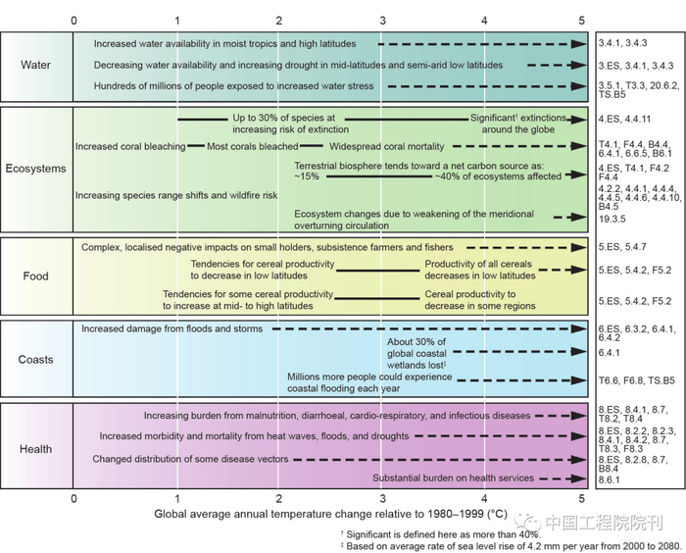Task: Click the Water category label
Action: [36, 66]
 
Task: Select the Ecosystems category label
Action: [36, 169]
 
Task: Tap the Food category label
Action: [36, 276]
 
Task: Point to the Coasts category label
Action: [36, 360]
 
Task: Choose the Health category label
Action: [36, 449]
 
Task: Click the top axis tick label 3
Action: [381, 20]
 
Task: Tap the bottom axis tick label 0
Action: [73, 499]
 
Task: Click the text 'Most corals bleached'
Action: [253, 146]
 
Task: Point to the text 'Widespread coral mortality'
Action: [387, 146]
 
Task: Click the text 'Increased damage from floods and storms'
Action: [172, 328]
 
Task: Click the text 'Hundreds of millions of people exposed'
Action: [234, 86]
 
